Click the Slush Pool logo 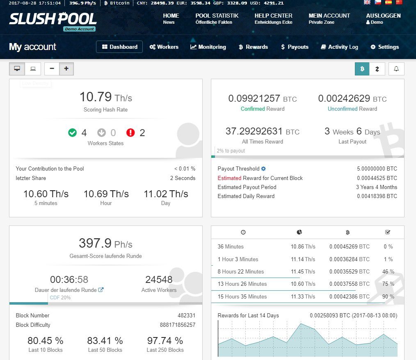click(x=53, y=19)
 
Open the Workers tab click(x=164, y=47)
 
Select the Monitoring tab click(x=208, y=47)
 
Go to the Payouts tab click(x=295, y=47)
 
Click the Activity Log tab click(x=339, y=47)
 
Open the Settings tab click(x=384, y=47)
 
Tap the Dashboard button click(x=119, y=47)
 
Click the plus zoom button click(x=66, y=69)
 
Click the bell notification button click(x=396, y=69)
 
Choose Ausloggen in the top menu click(x=383, y=18)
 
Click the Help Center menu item click(x=273, y=18)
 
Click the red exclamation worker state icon click(x=130, y=132)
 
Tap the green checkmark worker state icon click(x=73, y=132)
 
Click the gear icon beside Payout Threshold click(x=263, y=169)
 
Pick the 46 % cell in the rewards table click(x=388, y=271)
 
